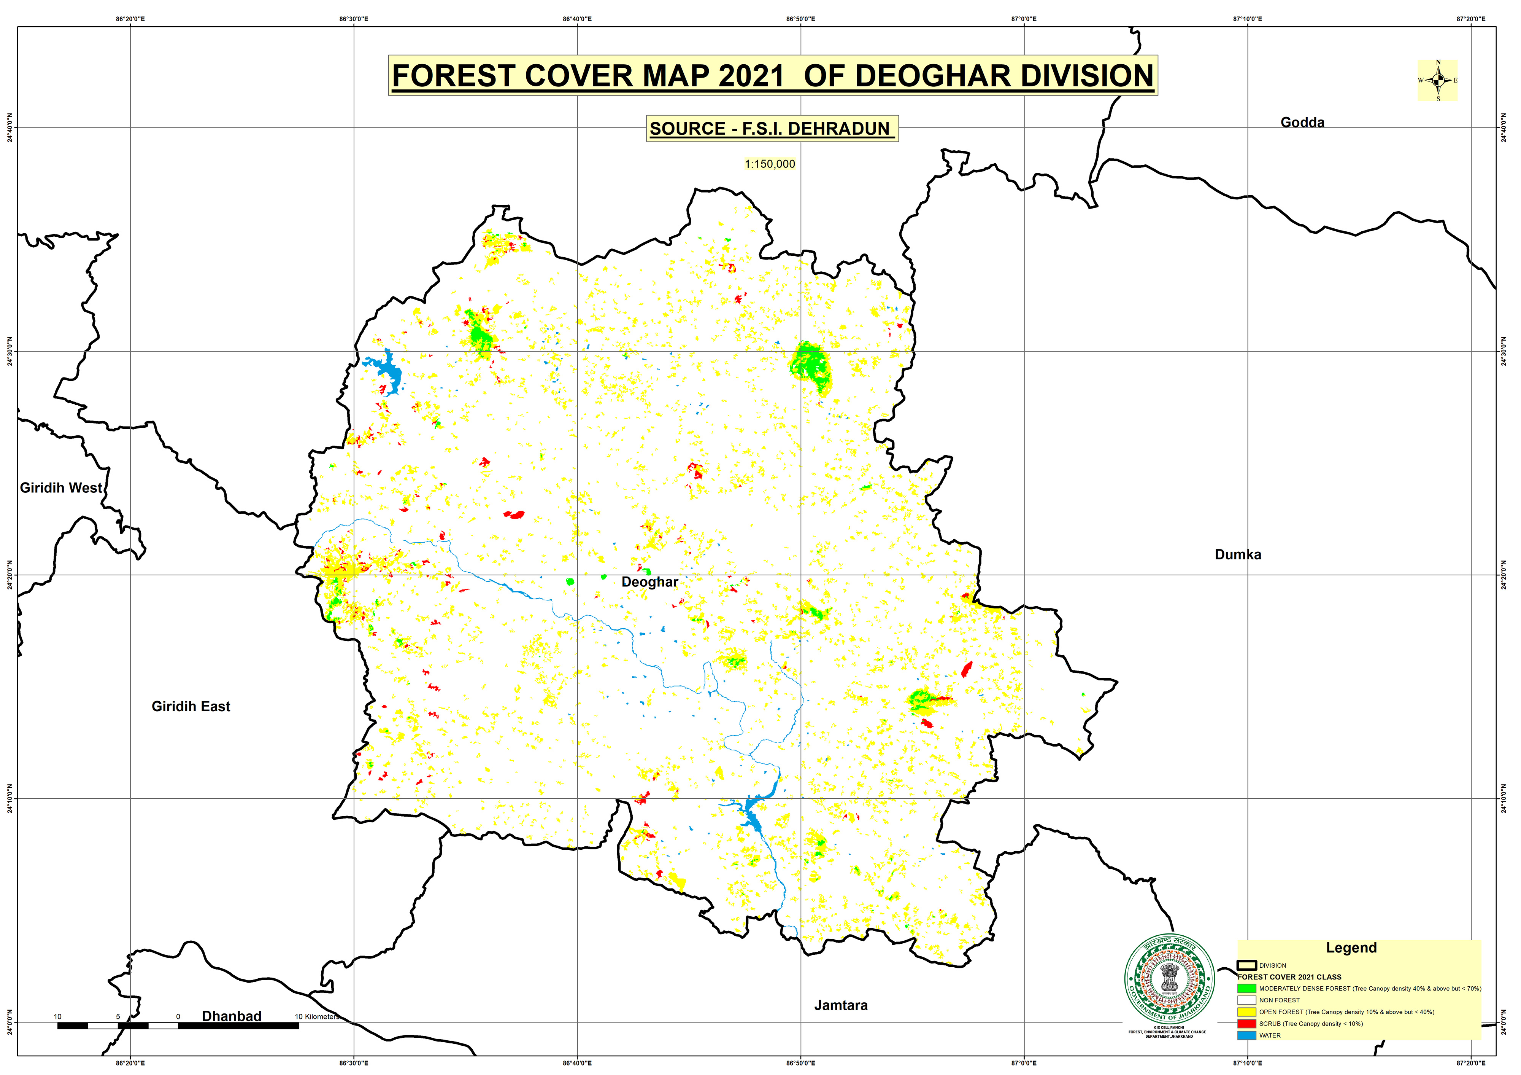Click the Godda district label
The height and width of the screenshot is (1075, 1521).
click(x=1302, y=123)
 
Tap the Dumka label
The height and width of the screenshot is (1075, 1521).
click(x=1237, y=555)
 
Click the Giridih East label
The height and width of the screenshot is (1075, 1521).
click(x=191, y=707)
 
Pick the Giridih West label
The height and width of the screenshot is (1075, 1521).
click(x=61, y=488)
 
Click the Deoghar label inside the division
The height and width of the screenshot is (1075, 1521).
click(x=649, y=582)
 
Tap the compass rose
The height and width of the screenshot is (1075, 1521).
click(x=1437, y=80)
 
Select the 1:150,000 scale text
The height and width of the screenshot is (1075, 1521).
click(x=769, y=164)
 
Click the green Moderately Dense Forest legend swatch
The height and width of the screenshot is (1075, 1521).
click(x=1246, y=988)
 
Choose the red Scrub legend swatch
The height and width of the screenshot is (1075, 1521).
click(x=1246, y=1023)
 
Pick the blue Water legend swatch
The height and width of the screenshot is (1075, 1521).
click(x=1246, y=1035)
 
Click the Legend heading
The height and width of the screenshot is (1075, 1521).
click(x=1351, y=948)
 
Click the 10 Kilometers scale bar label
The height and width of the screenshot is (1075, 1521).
click(x=317, y=1017)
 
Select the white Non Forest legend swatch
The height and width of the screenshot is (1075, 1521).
click(x=1246, y=1000)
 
